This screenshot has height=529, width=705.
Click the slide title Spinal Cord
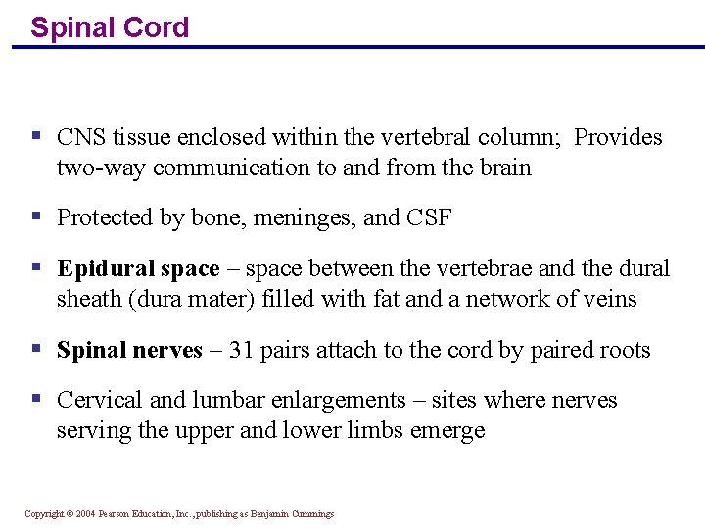click(x=110, y=27)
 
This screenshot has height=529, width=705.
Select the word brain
click(x=504, y=168)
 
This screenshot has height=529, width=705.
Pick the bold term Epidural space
click(x=138, y=269)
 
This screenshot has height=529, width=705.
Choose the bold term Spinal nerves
click(x=129, y=351)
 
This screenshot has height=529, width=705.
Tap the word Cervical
click(x=96, y=400)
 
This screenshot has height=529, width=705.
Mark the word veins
click(x=610, y=299)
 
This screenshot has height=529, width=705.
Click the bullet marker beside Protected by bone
click(x=36, y=216)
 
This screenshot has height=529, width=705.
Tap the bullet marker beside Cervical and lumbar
click(x=36, y=398)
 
